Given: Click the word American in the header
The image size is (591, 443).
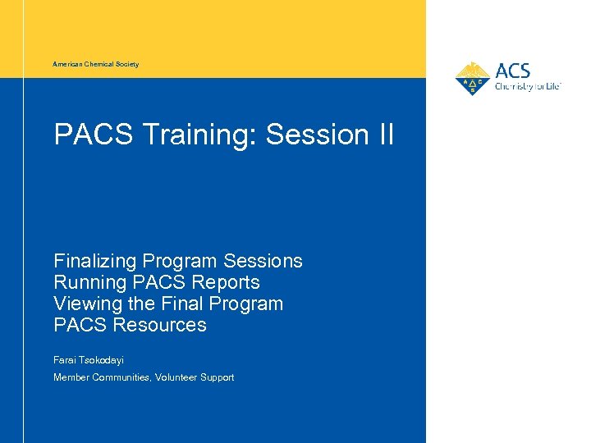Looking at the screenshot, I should click(67, 64).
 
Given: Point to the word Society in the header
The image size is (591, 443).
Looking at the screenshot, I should click(126, 64).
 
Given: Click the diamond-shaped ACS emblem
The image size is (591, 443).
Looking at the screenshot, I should click(473, 79).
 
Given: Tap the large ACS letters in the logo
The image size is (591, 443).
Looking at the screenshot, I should click(512, 71).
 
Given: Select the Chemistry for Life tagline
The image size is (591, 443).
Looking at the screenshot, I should click(527, 86).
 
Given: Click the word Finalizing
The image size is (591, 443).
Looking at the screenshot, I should click(95, 262).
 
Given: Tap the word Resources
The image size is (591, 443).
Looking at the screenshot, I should click(160, 326).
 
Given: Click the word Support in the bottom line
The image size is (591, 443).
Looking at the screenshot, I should click(217, 377).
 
